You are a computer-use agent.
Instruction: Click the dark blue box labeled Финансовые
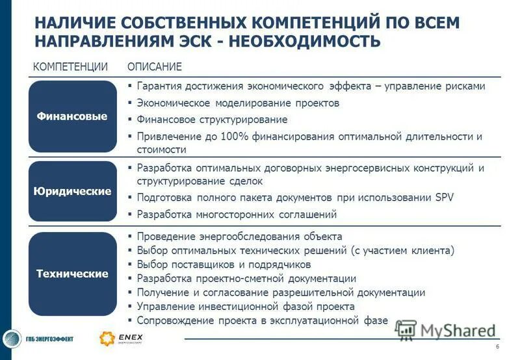point(71,116)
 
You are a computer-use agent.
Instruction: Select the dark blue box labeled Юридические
point(71,192)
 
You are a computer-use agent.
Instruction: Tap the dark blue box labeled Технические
point(71,274)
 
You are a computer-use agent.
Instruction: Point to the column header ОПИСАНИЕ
point(155,68)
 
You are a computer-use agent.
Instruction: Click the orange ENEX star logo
point(107,339)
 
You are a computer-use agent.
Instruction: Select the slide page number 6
point(497,346)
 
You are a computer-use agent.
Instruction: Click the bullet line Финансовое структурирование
point(212,120)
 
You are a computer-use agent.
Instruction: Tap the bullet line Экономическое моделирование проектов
point(238,103)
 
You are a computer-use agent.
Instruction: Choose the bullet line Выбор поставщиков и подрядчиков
point(224,264)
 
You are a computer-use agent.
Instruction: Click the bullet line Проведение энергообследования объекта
point(239,237)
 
